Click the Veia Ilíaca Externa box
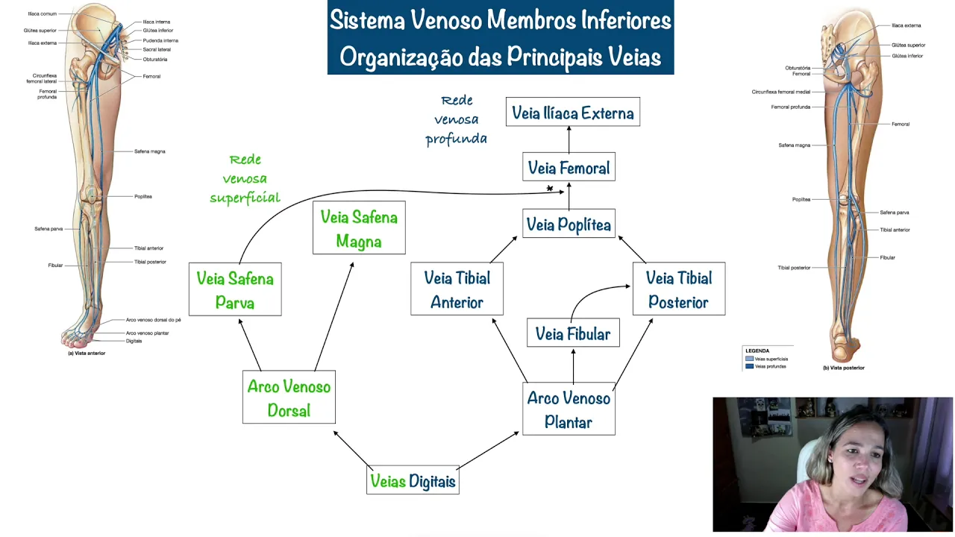click(x=572, y=113)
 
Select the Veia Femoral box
click(x=569, y=168)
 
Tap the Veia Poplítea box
click(x=569, y=224)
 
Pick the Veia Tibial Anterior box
click(x=457, y=289)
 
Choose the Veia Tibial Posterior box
click(x=678, y=289)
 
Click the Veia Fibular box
click(x=572, y=333)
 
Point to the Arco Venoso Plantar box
click(x=569, y=409)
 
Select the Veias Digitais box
click(x=413, y=481)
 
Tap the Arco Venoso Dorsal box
click(x=289, y=398)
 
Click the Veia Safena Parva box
click(x=235, y=290)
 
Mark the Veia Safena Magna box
click(x=359, y=229)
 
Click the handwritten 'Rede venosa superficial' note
click(x=245, y=179)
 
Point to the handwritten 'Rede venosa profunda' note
click(x=456, y=119)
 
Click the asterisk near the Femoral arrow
click(x=550, y=189)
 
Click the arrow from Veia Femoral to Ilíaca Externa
click(x=569, y=139)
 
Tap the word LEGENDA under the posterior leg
click(x=757, y=351)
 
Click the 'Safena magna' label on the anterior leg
click(x=149, y=151)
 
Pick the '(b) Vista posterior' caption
click(x=843, y=368)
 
